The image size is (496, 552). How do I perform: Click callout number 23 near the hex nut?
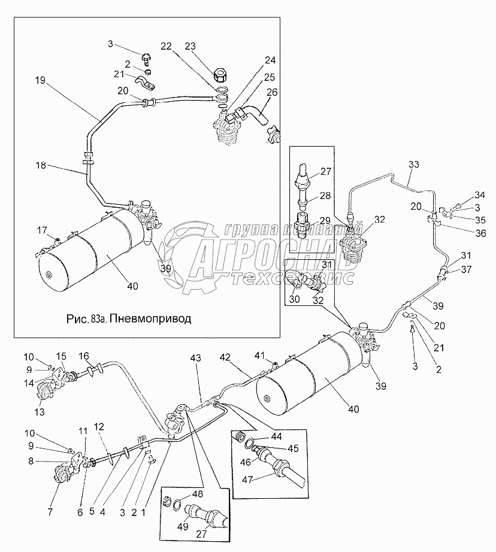pos(190,46)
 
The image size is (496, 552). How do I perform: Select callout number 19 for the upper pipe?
pos(41,80)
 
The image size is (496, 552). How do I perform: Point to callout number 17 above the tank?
pos(42,230)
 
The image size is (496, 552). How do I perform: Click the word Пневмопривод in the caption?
pos(151,319)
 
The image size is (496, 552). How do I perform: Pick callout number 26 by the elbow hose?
pos(272,92)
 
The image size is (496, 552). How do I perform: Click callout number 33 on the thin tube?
pos(414,164)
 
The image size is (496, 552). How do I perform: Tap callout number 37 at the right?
pos(466,269)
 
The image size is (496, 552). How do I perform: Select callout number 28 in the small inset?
pos(325,196)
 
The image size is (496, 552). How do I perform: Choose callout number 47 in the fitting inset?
pos(247,480)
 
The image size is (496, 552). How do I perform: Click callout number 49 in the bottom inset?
pos(183,527)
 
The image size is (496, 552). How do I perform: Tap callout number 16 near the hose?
pos(84,356)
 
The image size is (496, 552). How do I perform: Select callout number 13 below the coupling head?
pos(40,411)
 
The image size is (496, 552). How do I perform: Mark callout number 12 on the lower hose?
pos(99,427)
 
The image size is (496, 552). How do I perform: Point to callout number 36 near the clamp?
pos(480,233)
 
